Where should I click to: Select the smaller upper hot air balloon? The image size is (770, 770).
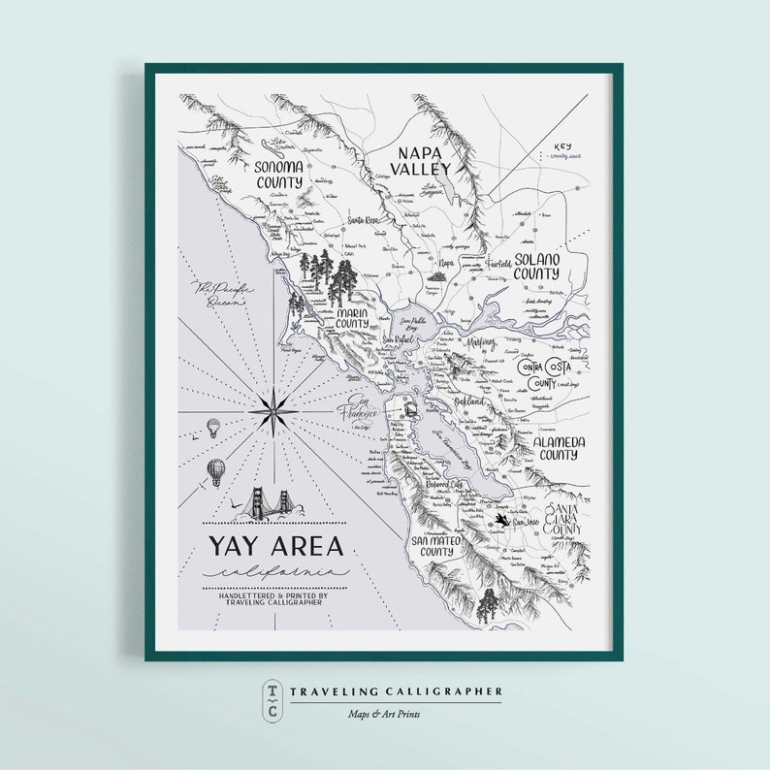213,427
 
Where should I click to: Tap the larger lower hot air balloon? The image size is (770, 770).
217,471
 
